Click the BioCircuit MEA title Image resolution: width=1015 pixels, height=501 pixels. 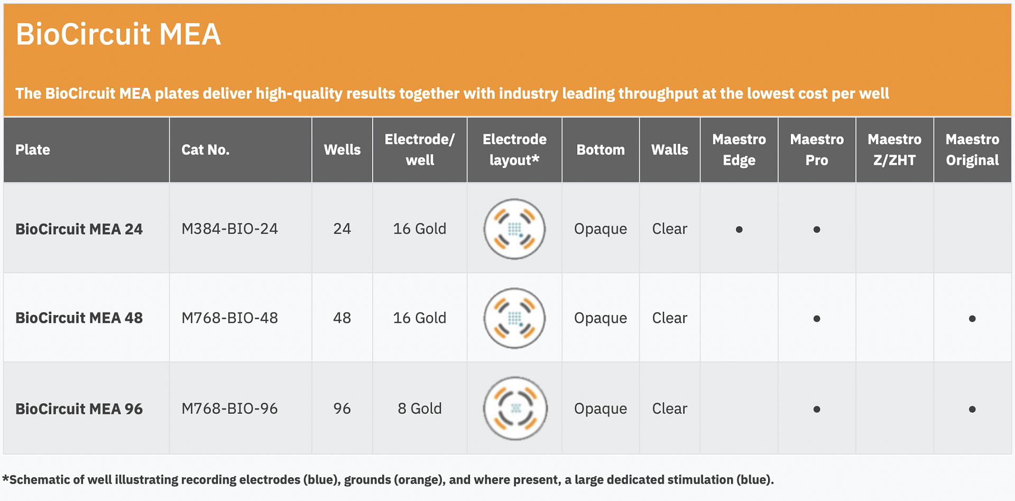coord(118,34)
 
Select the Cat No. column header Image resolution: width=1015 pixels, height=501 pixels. coord(205,150)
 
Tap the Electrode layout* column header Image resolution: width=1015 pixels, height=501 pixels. coord(514,150)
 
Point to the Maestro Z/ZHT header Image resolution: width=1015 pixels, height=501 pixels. coord(894,150)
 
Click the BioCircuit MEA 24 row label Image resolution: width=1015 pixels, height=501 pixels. coord(79,229)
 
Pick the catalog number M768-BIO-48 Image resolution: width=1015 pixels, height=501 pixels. coord(229,318)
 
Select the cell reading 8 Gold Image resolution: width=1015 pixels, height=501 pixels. coord(420,409)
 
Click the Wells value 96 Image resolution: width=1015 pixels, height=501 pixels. coord(342,409)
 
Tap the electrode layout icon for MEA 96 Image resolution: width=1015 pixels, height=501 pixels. coord(515,409)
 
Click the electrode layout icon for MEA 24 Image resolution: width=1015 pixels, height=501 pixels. coord(514,229)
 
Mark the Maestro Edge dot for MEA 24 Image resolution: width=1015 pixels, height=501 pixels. coord(739,229)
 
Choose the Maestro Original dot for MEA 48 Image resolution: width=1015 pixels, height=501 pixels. coord(972,319)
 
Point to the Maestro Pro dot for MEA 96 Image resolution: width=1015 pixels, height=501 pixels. coord(817,409)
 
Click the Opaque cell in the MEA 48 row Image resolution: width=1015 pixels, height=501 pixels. coord(601,318)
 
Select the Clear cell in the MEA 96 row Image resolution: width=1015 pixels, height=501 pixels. coord(670,409)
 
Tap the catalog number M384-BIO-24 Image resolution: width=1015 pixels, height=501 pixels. coord(229,229)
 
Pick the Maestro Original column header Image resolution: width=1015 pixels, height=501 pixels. coord(972,150)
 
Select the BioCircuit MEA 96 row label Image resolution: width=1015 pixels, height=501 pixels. coord(79,409)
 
